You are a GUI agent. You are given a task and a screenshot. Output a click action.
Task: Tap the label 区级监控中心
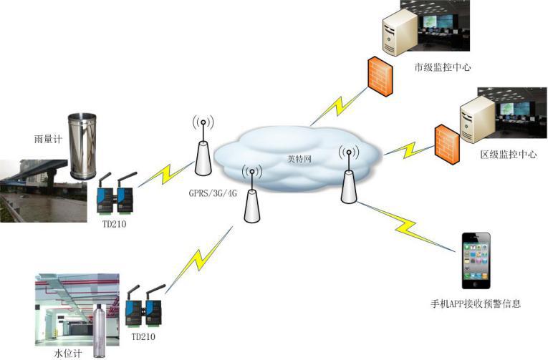point(508,155)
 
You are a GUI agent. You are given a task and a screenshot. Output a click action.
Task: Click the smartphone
point(476,261)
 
